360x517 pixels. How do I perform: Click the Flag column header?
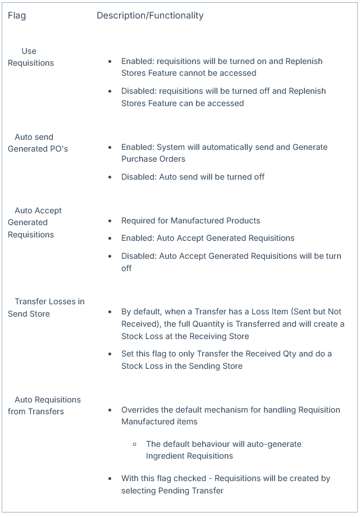(17, 16)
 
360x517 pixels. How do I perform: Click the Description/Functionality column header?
(150, 16)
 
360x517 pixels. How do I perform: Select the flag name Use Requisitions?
(31, 57)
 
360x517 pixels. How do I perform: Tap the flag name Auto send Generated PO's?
(38, 143)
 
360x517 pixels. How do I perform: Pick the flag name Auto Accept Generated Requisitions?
(35, 222)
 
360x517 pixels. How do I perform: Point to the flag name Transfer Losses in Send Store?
(46, 308)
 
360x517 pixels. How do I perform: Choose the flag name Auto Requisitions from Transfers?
(44, 405)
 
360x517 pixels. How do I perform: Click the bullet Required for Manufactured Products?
(190, 221)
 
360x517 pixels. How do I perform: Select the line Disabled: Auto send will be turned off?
(193, 177)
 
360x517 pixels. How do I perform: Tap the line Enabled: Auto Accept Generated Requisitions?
(208, 238)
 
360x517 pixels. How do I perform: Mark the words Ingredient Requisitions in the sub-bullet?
(189, 456)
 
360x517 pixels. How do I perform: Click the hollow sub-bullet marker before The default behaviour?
(135, 444)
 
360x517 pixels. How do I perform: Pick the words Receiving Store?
(221, 336)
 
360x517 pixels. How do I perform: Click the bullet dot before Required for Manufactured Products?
(110, 221)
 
